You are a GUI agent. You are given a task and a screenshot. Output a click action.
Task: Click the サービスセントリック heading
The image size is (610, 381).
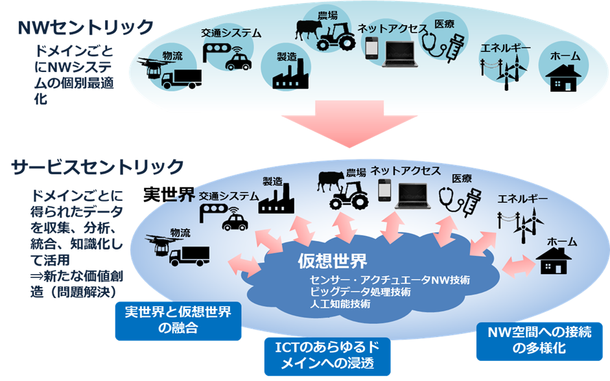[98, 167]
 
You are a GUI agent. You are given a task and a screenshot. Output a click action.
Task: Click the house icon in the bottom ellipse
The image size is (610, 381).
[553, 262]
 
